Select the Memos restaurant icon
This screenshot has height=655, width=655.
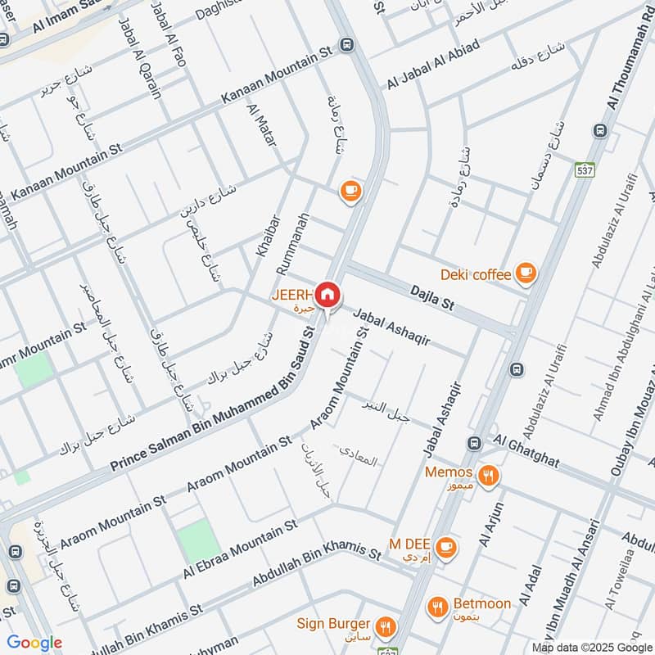pyautogui.click(x=489, y=474)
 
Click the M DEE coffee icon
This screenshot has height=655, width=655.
pyautogui.click(x=445, y=547)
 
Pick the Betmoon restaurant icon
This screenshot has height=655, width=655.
pyautogui.click(x=437, y=607)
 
